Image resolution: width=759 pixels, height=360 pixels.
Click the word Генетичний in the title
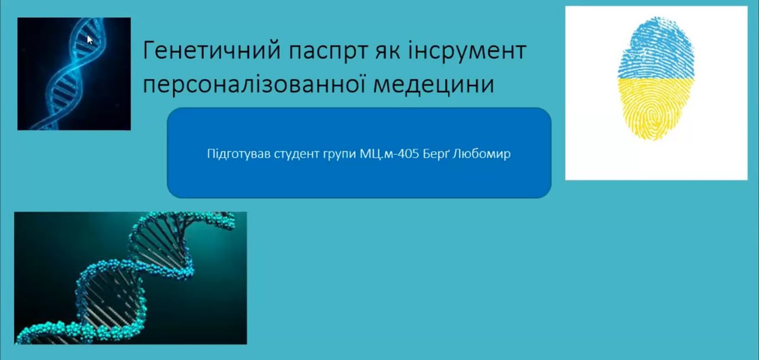pos(212,51)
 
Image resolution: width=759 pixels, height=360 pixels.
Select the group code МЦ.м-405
pos(390,154)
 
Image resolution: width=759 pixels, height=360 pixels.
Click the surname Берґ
pos(436,154)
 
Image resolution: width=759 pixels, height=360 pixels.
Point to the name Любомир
pos(481,154)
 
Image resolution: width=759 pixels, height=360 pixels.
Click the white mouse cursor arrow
pos(90,40)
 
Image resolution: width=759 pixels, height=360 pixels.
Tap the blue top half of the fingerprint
pos(655,48)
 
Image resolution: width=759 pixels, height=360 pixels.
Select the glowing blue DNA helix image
pos(74,74)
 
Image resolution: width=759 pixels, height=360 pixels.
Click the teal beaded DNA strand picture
pos(130,278)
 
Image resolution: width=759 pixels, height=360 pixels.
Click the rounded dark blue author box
pos(359,153)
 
